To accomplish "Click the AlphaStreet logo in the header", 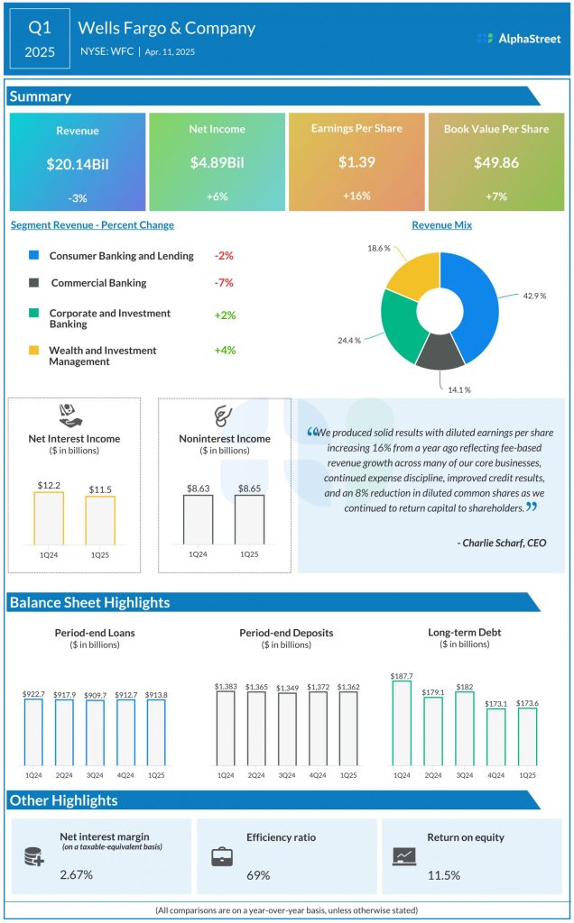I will coord(518,38).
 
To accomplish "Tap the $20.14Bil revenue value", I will coord(77,165).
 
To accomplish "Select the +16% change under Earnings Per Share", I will coord(356,196).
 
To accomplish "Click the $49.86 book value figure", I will coord(495,163).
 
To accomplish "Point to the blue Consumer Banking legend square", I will coord(34,256).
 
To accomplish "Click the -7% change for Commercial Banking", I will coord(224,283).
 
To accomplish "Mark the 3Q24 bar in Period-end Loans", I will coord(95,733).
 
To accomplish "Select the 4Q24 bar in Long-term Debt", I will coord(496,737).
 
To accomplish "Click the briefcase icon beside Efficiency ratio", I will coord(221,856).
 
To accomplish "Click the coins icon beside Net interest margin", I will coord(35,856).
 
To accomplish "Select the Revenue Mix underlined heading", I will coord(441,225).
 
